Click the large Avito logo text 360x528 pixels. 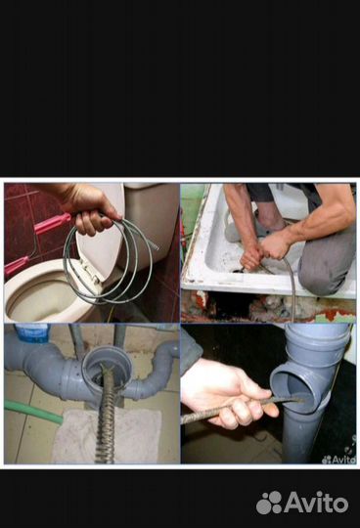tap(302, 503)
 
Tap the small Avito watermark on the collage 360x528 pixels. tap(338, 460)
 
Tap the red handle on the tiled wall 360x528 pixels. tap(53, 223)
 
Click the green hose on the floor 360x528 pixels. tap(33, 412)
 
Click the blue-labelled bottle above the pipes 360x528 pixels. tap(32, 332)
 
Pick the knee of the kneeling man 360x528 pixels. tap(311, 277)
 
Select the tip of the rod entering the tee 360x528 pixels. tap(300, 400)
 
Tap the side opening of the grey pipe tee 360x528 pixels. tap(292, 389)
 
